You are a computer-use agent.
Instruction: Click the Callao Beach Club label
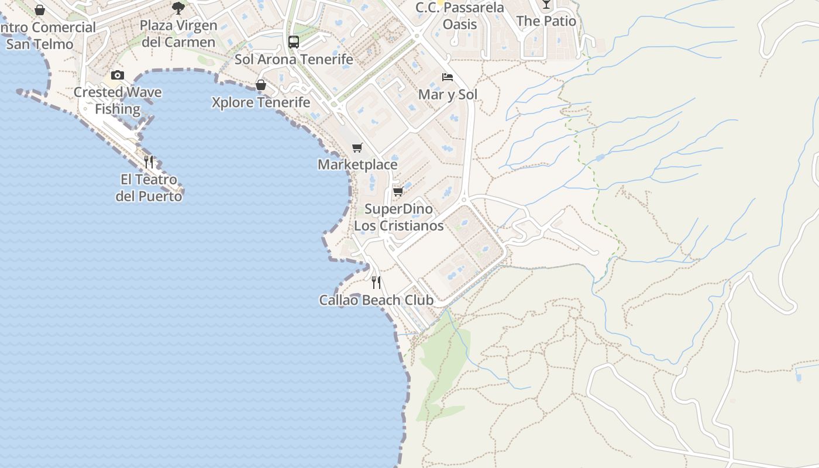(376, 300)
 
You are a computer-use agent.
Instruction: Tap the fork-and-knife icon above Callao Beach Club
(376, 283)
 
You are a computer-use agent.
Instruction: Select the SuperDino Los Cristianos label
(399, 217)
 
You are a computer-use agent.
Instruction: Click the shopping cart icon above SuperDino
(398, 192)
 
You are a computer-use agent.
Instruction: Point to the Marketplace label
(357, 164)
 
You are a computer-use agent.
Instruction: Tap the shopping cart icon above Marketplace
(357, 147)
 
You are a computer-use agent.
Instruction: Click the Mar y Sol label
(448, 95)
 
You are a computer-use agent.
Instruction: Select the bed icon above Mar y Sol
(448, 77)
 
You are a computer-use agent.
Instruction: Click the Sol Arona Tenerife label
(294, 59)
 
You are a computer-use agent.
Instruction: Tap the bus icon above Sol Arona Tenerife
(294, 42)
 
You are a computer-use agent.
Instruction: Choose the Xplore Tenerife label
(261, 102)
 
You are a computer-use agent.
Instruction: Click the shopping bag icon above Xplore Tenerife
(261, 85)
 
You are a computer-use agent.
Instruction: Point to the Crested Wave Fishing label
(118, 101)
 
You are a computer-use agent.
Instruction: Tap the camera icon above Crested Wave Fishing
(118, 75)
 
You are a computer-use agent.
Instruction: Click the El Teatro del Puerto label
(149, 188)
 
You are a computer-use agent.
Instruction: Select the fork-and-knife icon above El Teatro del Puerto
(149, 161)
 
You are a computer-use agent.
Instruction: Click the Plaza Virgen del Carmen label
(178, 34)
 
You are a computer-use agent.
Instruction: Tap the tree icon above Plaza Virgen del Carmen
(178, 8)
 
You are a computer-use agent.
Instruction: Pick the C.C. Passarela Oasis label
(460, 16)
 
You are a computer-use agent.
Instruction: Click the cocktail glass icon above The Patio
(546, 4)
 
